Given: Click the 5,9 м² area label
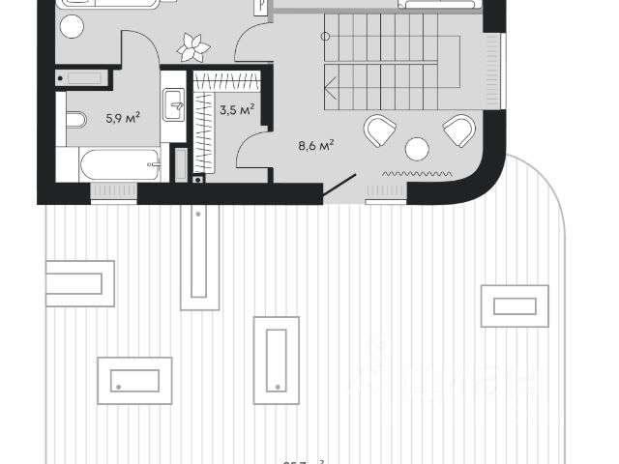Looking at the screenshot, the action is pyautogui.click(x=123, y=119).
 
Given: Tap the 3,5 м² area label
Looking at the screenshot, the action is pyautogui.click(x=236, y=110).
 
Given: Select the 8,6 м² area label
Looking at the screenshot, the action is pyautogui.click(x=315, y=146).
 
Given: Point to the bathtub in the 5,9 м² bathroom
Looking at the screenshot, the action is pyautogui.click(x=119, y=163).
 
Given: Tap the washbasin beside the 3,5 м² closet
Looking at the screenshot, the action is pyautogui.click(x=174, y=104).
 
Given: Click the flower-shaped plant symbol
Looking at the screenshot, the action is pyautogui.click(x=193, y=44).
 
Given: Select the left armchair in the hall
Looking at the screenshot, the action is pyautogui.click(x=380, y=130).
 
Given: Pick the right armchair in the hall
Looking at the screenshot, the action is pyautogui.click(x=458, y=130).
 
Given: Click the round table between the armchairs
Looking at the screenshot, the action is pyautogui.click(x=417, y=149).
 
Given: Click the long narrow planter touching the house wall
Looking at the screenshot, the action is pyautogui.click(x=199, y=256).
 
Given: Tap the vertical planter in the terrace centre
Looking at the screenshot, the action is pyautogui.click(x=276, y=359).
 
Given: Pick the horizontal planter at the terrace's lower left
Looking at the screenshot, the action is pyautogui.click(x=134, y=380).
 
